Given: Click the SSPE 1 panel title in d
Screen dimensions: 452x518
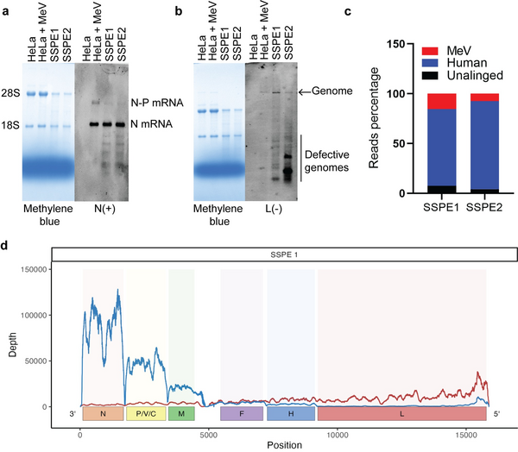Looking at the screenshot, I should click(x=284, y=255).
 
